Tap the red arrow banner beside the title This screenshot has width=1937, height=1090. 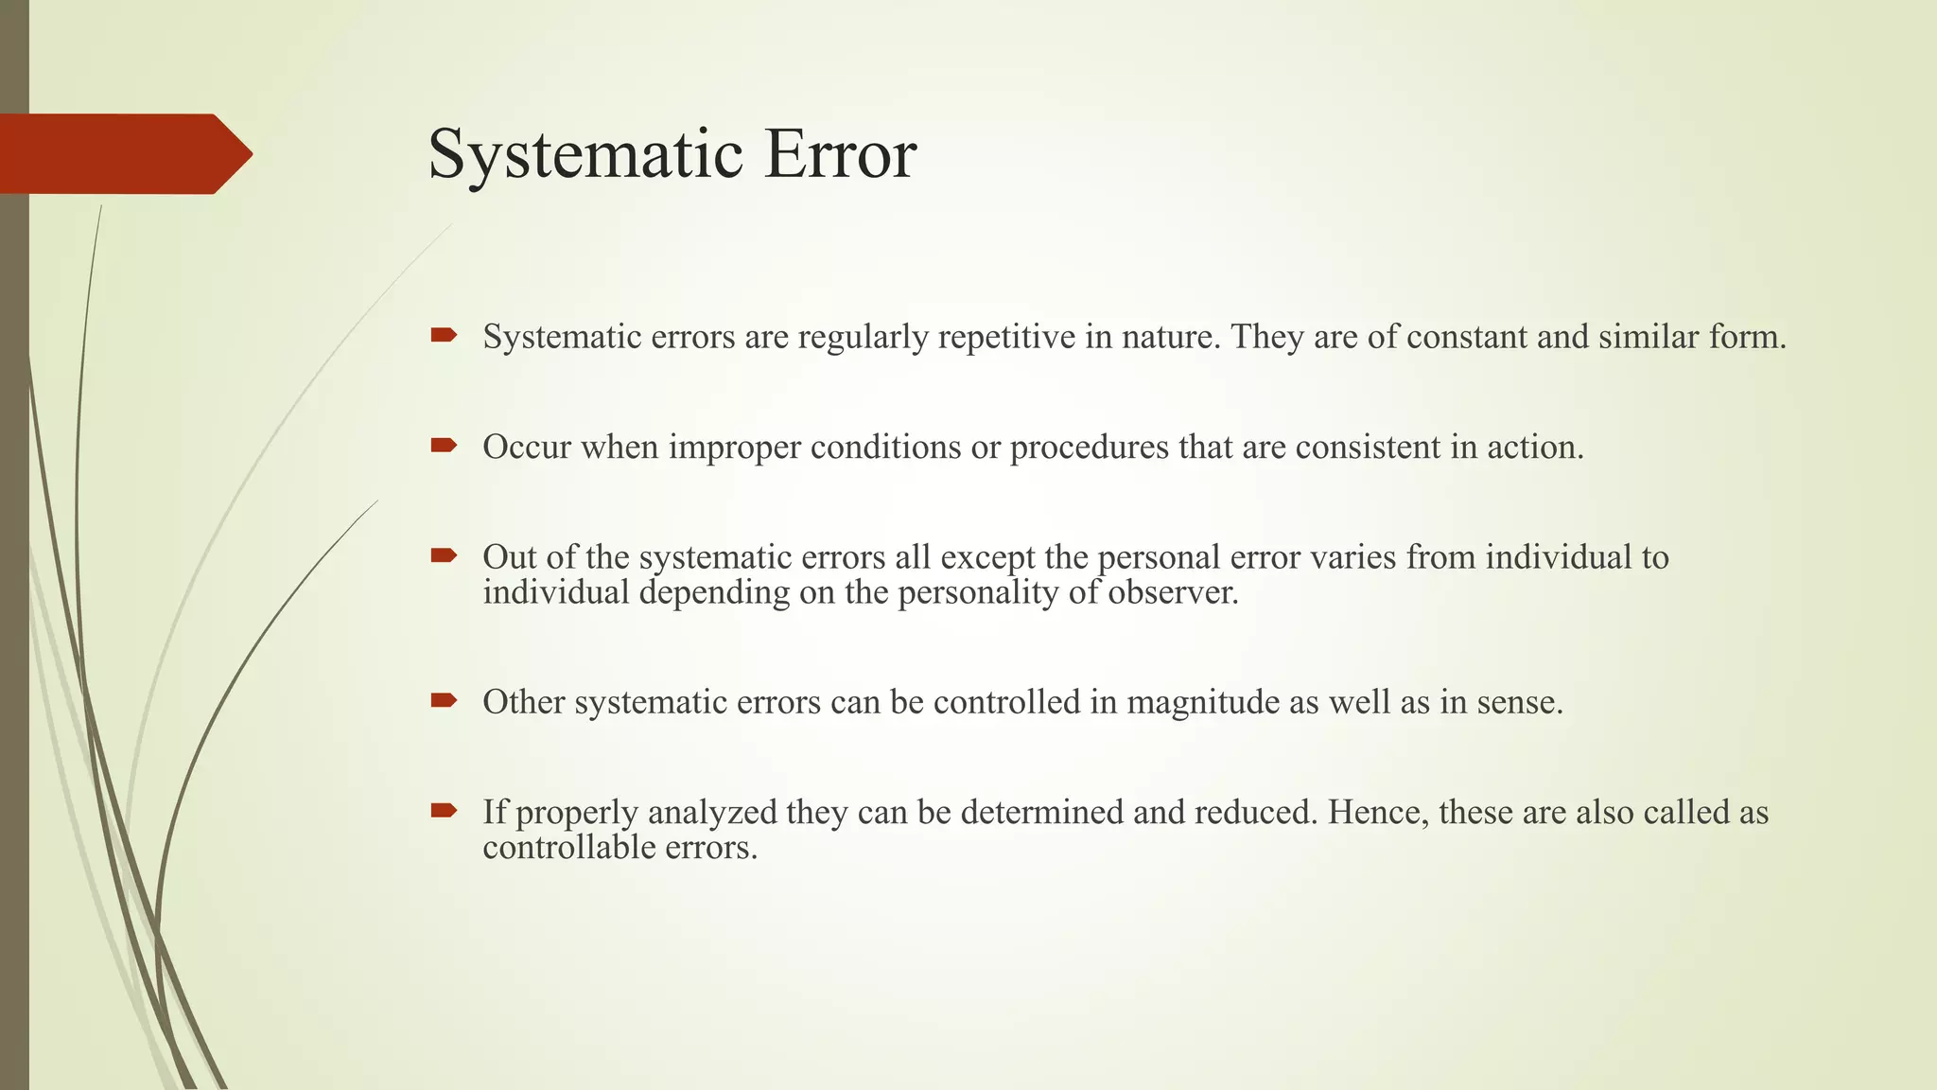(123, 154)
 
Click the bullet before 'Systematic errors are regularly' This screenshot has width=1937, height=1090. (444, 335)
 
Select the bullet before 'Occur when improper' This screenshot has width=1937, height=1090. (444, 446)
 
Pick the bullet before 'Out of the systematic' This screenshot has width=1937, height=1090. (444, 556)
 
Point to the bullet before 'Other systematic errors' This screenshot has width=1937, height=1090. (444, 701)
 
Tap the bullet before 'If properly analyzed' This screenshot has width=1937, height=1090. (444, 811)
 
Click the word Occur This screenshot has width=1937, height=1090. (527, 447)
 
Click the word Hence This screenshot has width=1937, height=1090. (1377, 813)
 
